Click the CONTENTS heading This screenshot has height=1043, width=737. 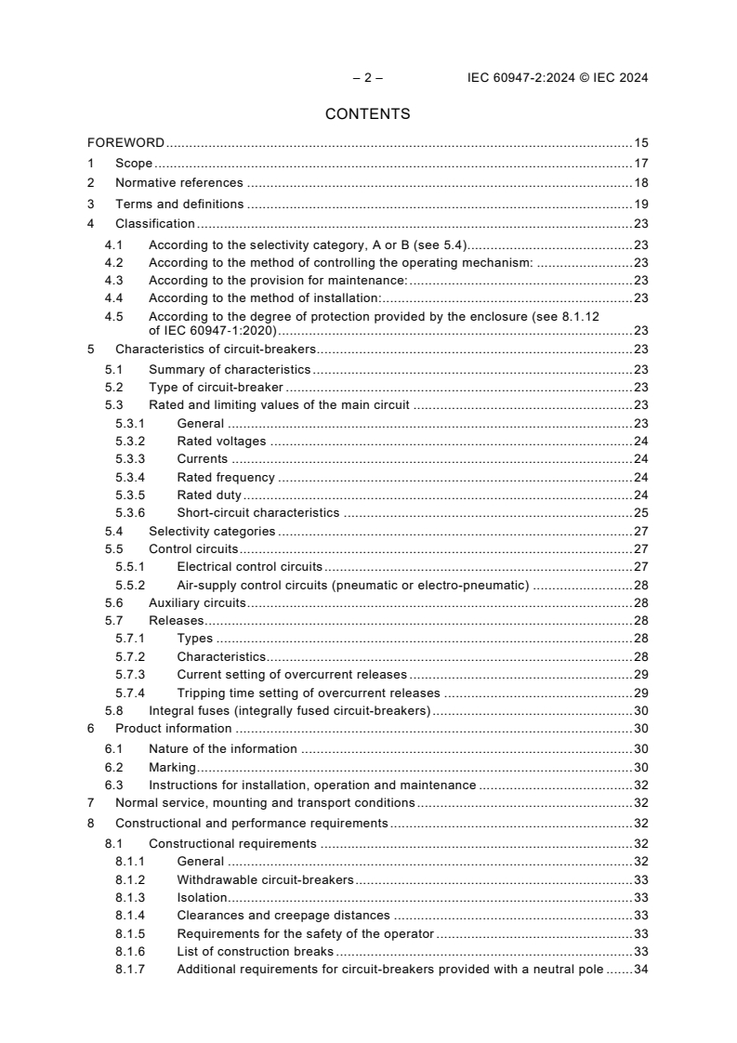pos(367,114)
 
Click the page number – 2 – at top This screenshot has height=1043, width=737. pos(367,78)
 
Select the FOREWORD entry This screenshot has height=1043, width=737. pos(125,143)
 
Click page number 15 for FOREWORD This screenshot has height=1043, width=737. pos(640,143)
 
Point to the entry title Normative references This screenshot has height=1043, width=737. pos(178,183)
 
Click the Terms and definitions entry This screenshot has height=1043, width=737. pos(179,204)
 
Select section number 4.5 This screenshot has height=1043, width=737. pos(113,316)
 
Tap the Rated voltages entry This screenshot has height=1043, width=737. pos(221,442)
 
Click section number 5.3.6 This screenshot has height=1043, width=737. pos(130,512)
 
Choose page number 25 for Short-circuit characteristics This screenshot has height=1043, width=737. pos(640,512)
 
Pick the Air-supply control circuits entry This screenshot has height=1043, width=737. pos(352,585)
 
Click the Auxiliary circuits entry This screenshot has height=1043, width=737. pos(197,603)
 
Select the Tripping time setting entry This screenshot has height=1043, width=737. pos(308,693)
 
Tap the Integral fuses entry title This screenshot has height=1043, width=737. pos(289,711)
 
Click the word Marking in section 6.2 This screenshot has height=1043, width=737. pos(172,767)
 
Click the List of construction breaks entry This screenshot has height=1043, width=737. pos(255,952)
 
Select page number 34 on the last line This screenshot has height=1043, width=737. pos(640,970)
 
